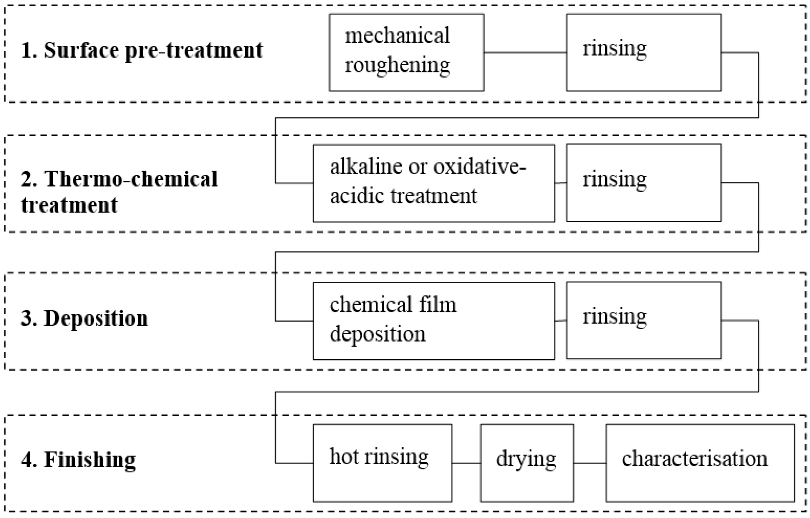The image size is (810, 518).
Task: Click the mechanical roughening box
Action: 406,53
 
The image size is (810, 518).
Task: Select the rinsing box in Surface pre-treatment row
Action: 644,53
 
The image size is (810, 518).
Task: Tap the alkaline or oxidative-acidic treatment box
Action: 433,183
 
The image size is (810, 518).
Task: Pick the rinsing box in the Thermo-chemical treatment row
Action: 644,182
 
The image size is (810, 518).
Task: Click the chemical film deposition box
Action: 433,321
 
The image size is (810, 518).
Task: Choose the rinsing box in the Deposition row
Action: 644,320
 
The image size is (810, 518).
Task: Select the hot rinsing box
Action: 382,463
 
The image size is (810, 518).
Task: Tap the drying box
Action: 527,463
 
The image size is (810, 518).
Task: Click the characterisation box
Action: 700,463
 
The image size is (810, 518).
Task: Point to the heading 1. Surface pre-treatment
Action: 141,50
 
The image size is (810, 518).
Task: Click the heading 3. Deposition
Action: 84,318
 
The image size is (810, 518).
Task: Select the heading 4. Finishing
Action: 78,460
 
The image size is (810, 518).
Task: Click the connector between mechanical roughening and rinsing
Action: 525,53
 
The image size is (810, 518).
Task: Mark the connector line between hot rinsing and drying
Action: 466,463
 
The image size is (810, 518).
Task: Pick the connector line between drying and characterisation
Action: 590,463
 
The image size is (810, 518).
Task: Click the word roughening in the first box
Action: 397,65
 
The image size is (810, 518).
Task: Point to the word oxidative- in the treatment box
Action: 479,167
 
